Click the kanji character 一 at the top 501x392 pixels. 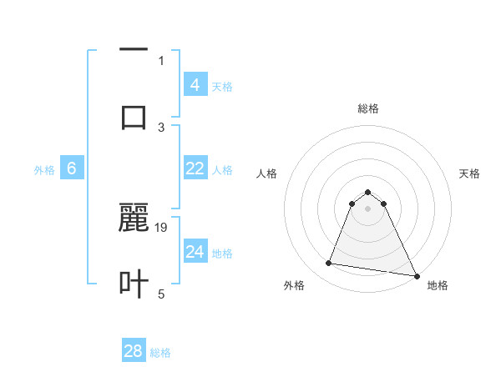click(x=134, y=50)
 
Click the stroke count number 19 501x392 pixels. click(x=162, y=227)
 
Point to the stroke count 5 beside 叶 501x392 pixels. click(x=162, y=294)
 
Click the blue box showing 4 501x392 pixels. click(x=195, y=85)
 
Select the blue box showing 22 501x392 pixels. click(x=195, y=168)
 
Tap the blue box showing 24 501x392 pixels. click(x=195, y=252)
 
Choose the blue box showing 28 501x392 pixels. click(x=134, y=351)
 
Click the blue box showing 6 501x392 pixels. click(x=72, y=168)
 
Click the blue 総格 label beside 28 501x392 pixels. click(x=160, y=353)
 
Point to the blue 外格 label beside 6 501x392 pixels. click(x=44, y=170)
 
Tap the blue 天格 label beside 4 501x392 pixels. click(x=222, y=87)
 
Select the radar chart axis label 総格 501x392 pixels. click(x=368, y=108)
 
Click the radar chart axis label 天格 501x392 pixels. click(x=470, y=173)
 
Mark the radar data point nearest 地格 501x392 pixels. click(x=416, y=276)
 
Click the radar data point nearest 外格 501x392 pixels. click(x=328, y=264)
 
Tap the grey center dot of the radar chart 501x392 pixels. click(x=368, y=209)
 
